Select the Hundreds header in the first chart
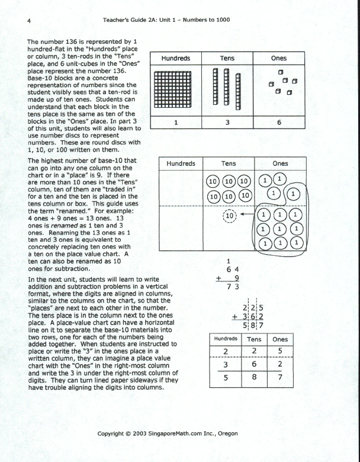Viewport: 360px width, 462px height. coord(175,58)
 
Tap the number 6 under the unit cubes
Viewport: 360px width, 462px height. coord(279,123)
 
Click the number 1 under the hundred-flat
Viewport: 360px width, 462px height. coord(175,123)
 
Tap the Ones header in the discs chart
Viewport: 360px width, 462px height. coord(280,163)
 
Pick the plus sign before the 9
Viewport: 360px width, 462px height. coord(220,277)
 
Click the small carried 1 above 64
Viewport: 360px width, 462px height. coord(228,259)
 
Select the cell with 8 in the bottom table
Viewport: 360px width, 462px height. coord(254,376)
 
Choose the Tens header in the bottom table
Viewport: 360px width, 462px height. coord(254,339)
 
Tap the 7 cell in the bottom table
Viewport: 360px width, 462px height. coord(280,376)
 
